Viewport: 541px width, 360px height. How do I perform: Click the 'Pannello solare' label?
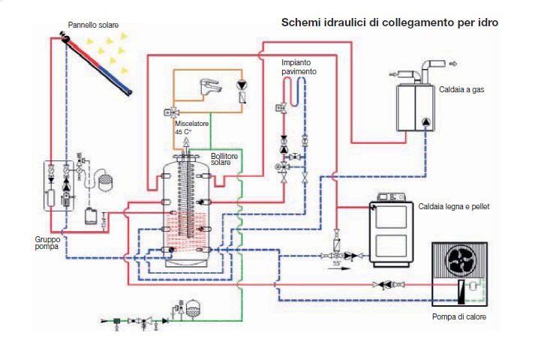[93, 25]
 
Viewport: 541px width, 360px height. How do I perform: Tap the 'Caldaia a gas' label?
[461, 90]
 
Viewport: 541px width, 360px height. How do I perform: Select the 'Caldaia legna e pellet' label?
[454, 206]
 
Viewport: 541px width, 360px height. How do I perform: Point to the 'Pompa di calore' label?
[459, 316]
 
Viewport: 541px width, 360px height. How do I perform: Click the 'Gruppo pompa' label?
[47, 243]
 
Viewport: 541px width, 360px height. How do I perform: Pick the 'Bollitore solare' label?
[224, 159]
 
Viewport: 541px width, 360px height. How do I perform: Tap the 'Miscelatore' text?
[191, 124]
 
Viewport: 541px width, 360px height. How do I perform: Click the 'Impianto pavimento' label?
[299, 67]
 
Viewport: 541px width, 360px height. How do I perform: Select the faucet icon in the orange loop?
[210, 86]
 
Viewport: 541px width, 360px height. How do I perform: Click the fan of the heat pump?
[460, 260]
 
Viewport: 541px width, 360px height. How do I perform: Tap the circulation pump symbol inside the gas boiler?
[426, 121]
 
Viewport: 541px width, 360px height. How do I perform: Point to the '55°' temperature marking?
[336, 263]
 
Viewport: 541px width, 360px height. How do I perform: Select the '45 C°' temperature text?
[183, 132]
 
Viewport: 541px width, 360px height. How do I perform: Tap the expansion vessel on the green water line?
[193, 308]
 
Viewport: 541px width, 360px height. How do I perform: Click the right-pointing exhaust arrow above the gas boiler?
[452, 64]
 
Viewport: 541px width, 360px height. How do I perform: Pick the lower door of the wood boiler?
[391, 246]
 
